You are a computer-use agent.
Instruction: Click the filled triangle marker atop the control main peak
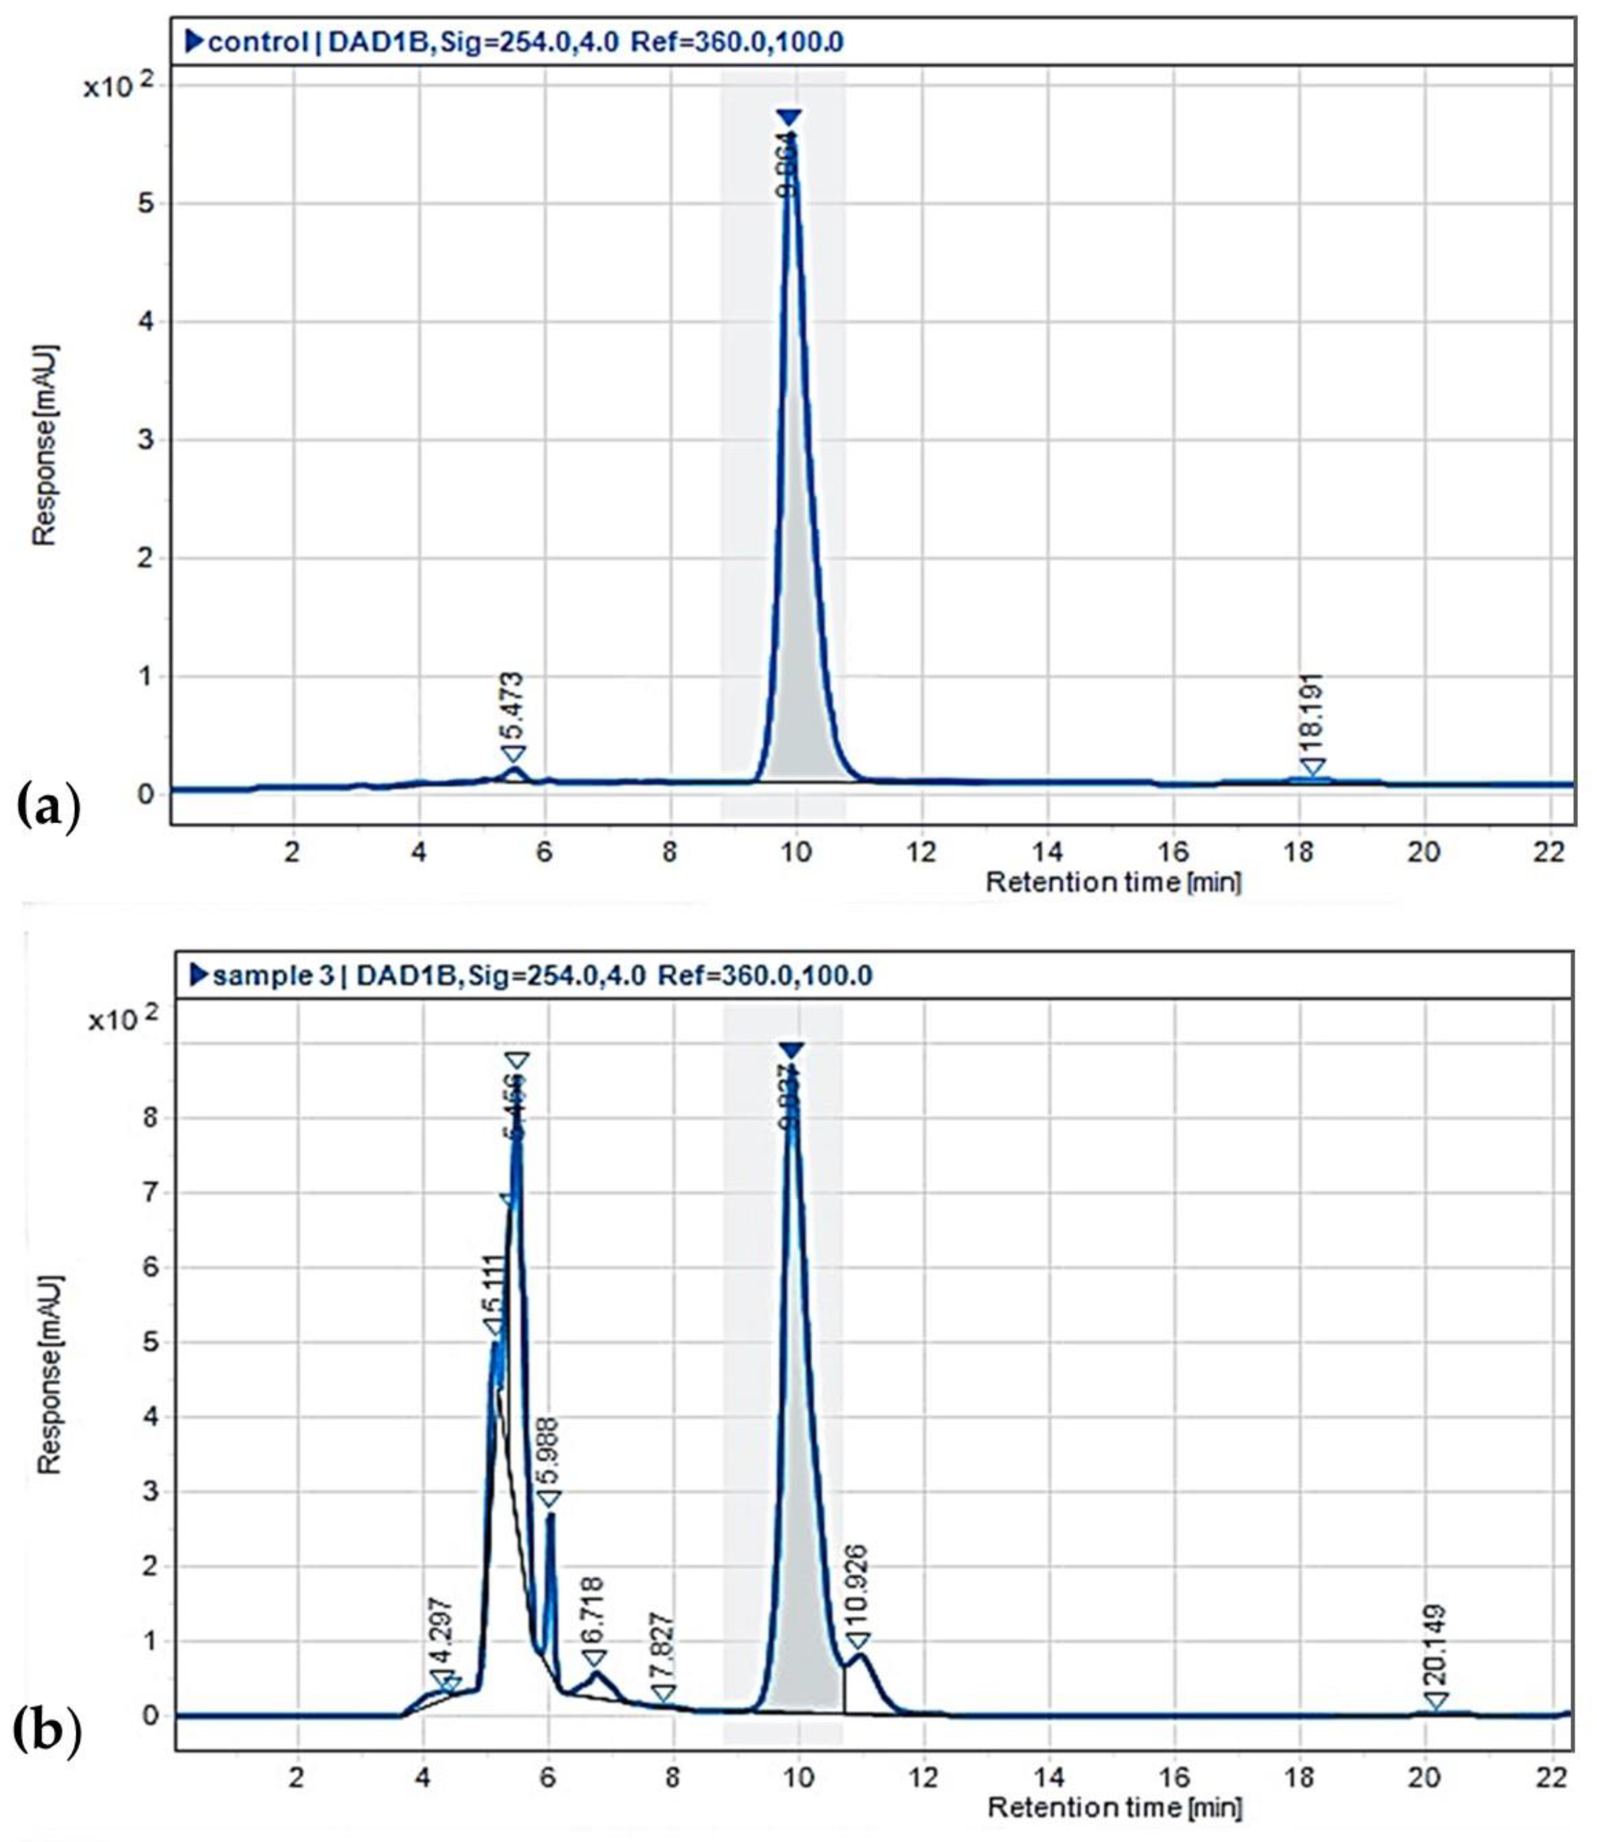[788, 118]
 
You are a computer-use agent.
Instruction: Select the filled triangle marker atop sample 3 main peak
[791, 1050]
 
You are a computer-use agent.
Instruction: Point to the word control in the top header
[257, 42]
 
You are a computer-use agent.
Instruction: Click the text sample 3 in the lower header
[274, 975]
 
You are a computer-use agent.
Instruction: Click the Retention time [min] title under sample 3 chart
[1114, 1808]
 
